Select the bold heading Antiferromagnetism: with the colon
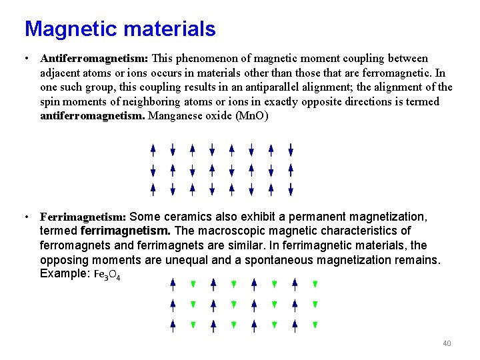[x=94, y=59]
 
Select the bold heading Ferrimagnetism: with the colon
[x=83, y=217]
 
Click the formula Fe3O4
[x=107, y=275]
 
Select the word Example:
[x=65, y=274]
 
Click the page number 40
[x=447, y=343]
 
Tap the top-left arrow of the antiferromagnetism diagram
[x=153, y=149]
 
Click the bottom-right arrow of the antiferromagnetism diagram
[x=291, y=190]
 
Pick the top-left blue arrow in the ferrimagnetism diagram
[x=173, y=285]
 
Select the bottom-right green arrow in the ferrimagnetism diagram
[x=315, y=325]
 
